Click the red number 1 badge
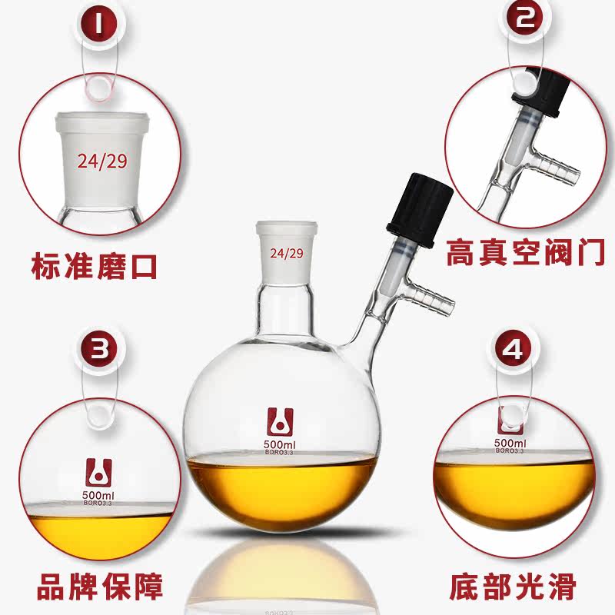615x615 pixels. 99,25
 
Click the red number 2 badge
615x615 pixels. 525,18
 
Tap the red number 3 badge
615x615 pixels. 100,349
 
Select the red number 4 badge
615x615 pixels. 514,348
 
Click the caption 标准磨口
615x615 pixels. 94,267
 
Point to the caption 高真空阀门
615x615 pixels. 525,253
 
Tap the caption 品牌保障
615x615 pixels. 100,587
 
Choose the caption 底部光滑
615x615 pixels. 513,587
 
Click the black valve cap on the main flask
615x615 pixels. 420,209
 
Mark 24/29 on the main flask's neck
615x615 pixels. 287,254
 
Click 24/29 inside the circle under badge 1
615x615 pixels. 102,161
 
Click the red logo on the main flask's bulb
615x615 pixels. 280,422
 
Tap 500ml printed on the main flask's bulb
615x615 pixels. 279,444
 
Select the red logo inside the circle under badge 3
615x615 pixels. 99,472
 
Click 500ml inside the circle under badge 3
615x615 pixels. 98,495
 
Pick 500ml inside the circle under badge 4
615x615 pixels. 510,444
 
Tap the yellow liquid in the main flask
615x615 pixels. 281,493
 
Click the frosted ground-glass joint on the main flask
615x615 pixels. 286,252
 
